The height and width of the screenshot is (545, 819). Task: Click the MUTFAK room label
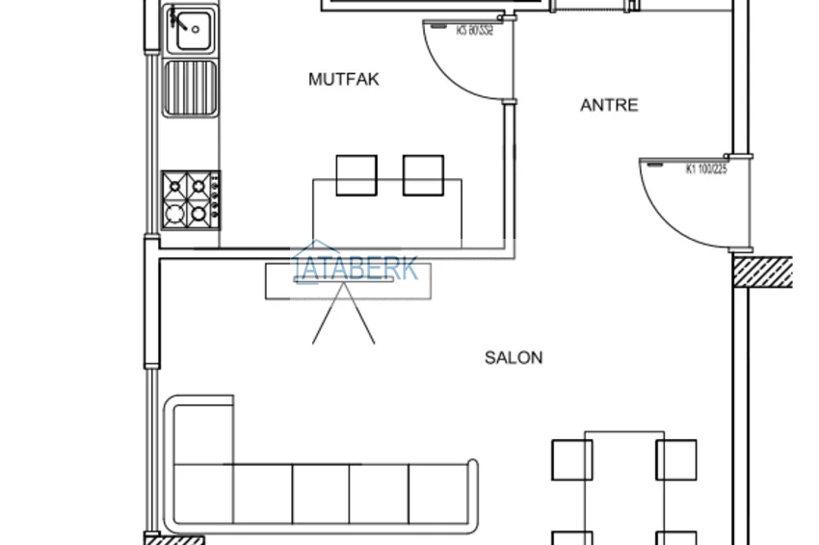tap(344, 79)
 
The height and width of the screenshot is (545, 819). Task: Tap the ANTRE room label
tap(609, 105)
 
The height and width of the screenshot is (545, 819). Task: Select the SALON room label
tap(514, 357)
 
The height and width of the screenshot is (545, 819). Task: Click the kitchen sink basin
tap(192, 29)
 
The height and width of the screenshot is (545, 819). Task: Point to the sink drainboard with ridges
tap(190, 88)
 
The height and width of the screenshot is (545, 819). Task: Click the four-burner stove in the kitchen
tap(190, 200)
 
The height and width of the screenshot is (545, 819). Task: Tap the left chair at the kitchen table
tap(357, 175)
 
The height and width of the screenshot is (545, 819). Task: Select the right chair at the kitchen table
tap(423, 175)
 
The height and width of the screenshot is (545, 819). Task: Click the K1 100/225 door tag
tap(705, 169)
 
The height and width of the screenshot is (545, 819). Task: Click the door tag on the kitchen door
tap(474, 31)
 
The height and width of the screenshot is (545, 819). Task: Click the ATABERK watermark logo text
tap(358, 267)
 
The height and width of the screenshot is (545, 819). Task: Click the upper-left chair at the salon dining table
tap(571, 459)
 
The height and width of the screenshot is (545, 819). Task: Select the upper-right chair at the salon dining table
tap(676, 459)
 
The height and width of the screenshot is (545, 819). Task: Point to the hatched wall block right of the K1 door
tap(762, 272)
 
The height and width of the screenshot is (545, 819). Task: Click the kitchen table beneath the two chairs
tap(386, 217)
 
